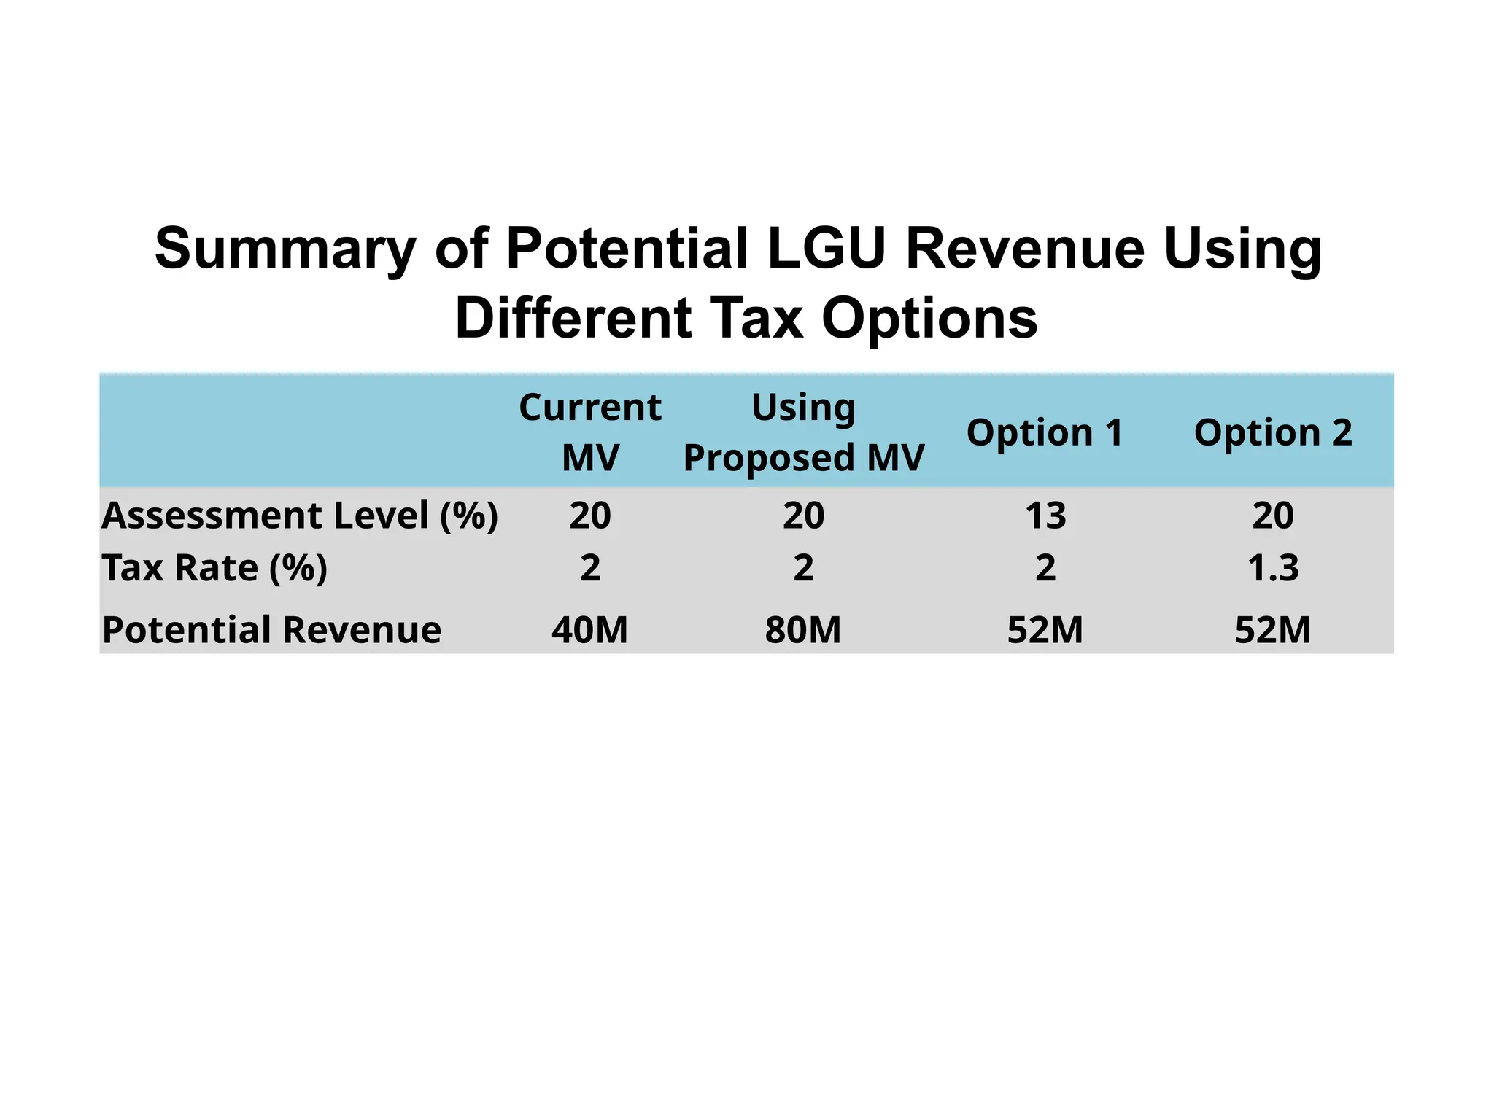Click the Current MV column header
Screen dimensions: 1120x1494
(589, 432)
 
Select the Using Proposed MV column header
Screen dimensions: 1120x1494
(803, 432)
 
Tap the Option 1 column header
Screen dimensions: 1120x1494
(1045, 432)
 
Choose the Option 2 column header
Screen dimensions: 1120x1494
(1273, 432)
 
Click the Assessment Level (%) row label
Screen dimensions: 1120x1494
(299, 516)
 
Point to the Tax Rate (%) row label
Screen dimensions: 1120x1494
(214, 568)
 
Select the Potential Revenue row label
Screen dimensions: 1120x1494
(271, 630)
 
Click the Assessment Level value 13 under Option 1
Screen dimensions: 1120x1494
(1045, 516)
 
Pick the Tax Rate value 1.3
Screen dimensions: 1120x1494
(1273, 568)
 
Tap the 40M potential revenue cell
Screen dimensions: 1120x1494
(589, 630)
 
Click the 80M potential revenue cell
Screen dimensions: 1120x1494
(803, 630)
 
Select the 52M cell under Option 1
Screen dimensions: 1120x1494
(1045, 630)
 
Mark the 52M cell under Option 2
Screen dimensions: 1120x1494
(1273, 630)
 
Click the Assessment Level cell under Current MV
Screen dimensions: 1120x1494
(589, 516)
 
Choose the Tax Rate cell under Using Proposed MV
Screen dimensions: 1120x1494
(803, 568)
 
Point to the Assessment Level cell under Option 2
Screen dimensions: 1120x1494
(1273, 516)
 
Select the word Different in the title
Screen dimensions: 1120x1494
(573, 319)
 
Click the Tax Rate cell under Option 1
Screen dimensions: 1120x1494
(1045, 568)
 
